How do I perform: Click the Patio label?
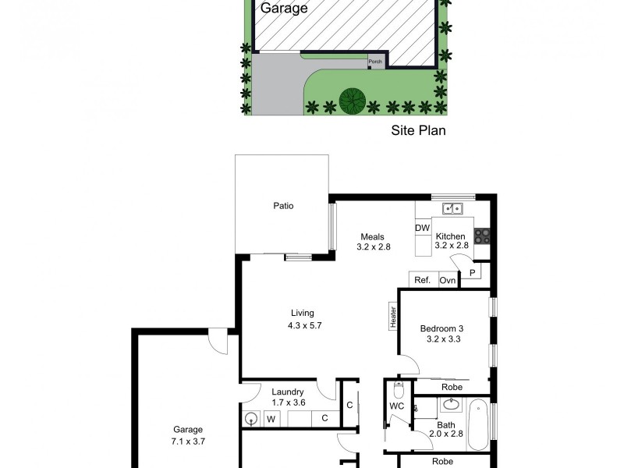click(x=282, y=206)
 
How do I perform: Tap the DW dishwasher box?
click(x=423, y=228)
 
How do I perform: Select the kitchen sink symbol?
click(x=452, y=208)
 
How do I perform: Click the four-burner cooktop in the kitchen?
click(x=482, y=235)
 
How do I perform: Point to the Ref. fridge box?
click(x=423, y=280)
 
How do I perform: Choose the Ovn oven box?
click(x=447, y=280)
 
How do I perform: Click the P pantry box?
click(x=473, y=272)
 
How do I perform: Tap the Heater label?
click(x=393, y=317)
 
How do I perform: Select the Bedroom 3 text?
click(x=442, y=328)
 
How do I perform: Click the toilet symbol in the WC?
click(x=399, y=389)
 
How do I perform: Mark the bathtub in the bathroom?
click(x=478, y=424)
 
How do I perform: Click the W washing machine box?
click(x=272, y=419)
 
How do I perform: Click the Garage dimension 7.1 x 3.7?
click(x=188, y=441)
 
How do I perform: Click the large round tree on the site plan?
click(x=353, y=100)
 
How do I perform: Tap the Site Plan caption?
click(x=418, y=130)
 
